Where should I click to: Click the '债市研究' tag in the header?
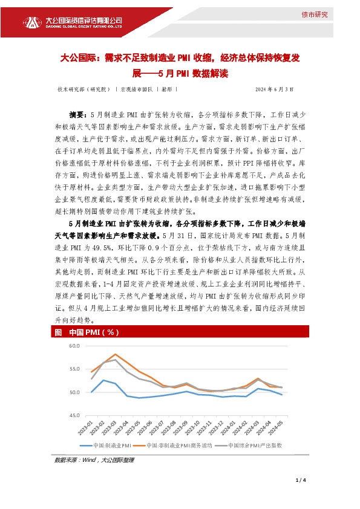coord(315,15)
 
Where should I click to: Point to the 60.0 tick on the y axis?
coord(75,346)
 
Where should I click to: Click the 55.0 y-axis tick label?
coord(75,369)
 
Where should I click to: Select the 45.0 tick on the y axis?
coord(75,415)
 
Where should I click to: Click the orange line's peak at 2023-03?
coord(116,354)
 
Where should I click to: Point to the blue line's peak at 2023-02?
coord(103,380)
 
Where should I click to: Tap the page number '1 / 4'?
coord(301,481)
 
